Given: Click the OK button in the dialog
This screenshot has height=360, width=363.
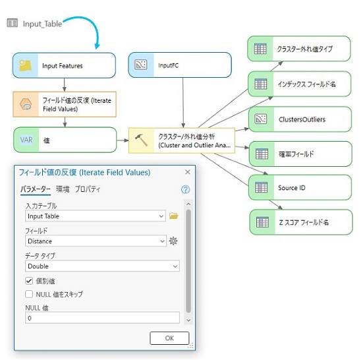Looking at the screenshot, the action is click(x=169, y=338).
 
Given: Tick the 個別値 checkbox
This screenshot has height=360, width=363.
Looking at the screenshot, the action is click(x=29, y=281).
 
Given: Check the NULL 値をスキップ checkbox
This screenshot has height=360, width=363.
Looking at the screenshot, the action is click(x=29, y=294).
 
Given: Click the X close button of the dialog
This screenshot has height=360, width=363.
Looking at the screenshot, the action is click(x=188, y=172).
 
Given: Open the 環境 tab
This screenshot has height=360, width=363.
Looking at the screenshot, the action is click(x=63, y=189).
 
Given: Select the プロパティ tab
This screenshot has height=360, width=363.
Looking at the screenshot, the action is click(x=88, y=189).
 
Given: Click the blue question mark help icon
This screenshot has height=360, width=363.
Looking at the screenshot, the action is click(x=185, y=189).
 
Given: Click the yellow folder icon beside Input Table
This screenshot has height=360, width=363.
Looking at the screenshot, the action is click(x=174, y=216).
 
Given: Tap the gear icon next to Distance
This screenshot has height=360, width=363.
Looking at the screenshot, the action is click(x=173, y=241).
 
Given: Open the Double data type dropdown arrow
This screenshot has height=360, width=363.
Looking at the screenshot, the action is click(x=175, y=266).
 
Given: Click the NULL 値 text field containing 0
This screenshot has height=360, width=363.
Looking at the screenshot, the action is click(x=102, y=318).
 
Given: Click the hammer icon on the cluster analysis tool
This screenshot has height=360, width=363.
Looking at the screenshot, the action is click(x=141, y=140).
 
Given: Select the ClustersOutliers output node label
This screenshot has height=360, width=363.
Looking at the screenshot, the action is click(x=302, y=119).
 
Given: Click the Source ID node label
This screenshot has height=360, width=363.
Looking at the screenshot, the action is click(x=292, y=188).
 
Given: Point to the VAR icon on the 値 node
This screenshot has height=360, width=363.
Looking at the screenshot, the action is click(x=26, y=140).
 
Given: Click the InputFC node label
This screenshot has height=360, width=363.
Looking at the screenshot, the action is click(x=168, y=65).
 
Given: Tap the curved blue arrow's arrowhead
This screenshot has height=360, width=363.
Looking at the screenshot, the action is click(x=98, y=45).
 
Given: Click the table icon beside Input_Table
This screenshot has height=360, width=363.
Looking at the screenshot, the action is click(x=13, y=23).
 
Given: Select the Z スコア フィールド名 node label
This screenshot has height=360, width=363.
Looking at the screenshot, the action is click(x=304, y=222).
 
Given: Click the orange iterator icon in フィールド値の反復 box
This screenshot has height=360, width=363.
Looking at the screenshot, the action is click(x=26, y=104).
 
